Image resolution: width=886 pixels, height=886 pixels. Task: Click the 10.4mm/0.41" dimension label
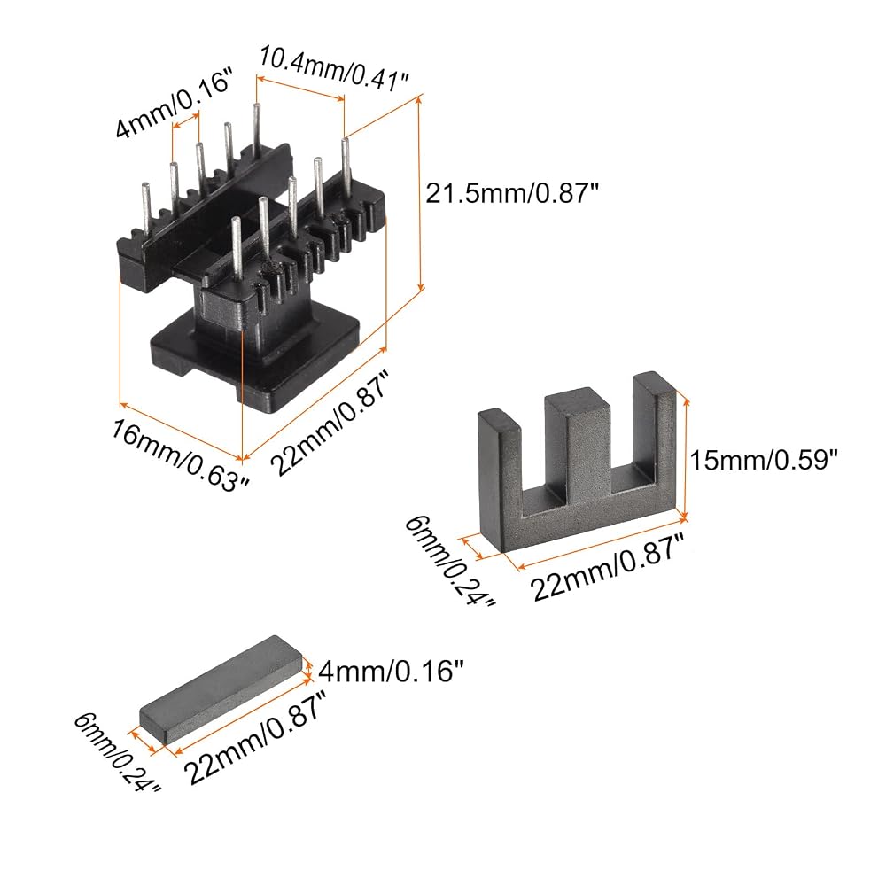click(333, 69)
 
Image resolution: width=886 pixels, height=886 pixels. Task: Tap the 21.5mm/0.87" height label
click(511, 194)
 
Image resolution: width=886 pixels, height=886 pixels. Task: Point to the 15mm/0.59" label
click(763, 460)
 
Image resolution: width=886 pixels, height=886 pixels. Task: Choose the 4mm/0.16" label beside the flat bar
click(391, 672)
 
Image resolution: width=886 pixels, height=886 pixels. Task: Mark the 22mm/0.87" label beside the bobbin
click(330, 423)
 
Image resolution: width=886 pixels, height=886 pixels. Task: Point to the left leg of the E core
click(500, 475)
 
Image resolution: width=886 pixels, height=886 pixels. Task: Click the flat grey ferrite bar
click(221, 688)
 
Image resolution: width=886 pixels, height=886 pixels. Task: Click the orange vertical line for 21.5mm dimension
click(419, 193)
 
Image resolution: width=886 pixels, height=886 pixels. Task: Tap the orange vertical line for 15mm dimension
click(686, 458)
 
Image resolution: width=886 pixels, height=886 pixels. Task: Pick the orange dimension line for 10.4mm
click(300, 88)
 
